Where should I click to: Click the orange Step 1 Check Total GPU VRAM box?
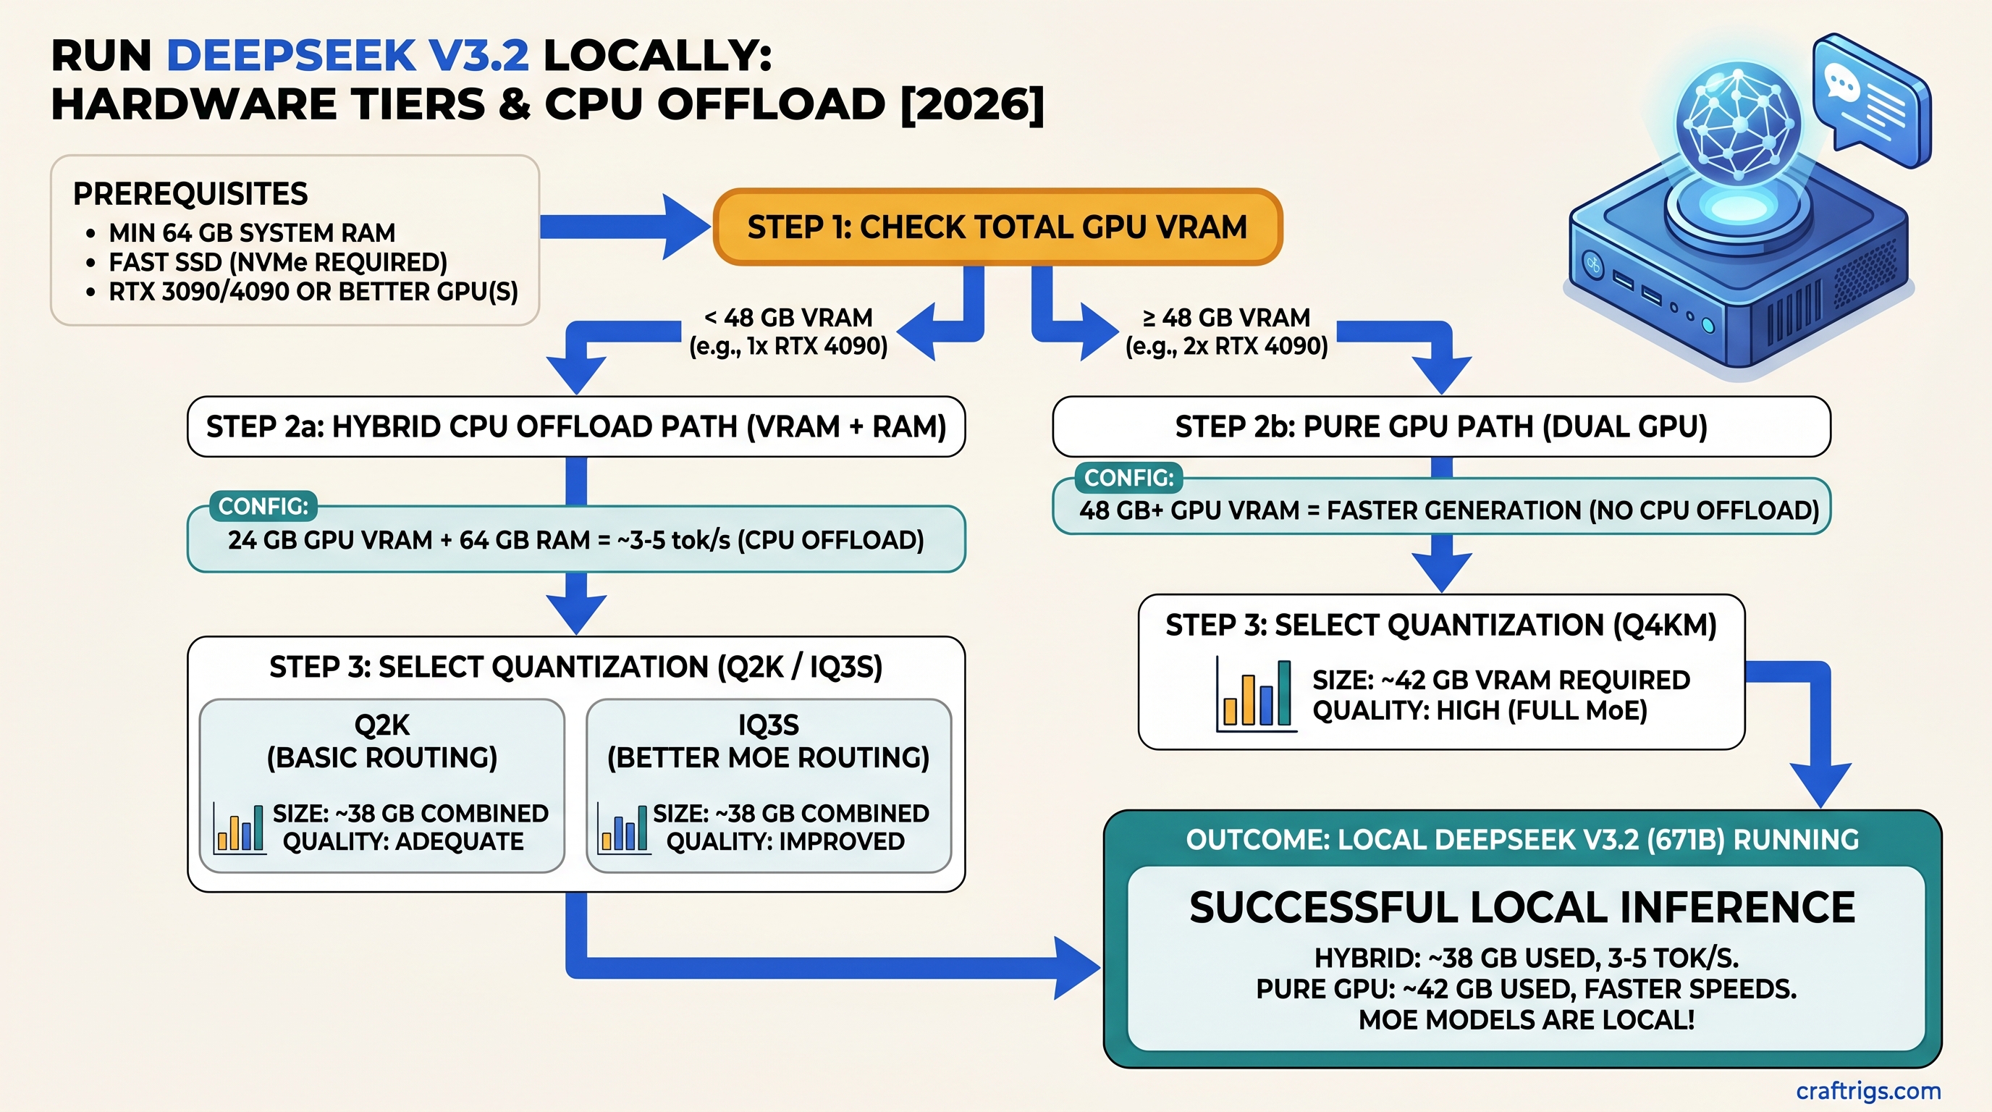tap(997, 227)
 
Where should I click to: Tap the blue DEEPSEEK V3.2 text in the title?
tap(348, 56)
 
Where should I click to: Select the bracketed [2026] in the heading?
tap(972, 104)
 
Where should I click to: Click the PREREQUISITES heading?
tap(190, 194)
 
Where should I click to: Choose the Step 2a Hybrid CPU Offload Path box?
tap(576, 427)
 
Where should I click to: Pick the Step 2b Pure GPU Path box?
tap(1440, 427)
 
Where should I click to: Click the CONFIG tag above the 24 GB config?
tap(263, 506)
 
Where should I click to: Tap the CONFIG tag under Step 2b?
tap(1128, 478)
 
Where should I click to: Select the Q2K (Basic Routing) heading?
tap(382, 741)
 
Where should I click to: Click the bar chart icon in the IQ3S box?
tap(623, 828)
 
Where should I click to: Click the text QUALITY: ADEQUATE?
tap(403, 841)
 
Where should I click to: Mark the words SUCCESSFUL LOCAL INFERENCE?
tap(1521, 908)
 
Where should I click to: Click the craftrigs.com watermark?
tap(1867, 1090)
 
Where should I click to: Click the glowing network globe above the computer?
tap(1738, 124)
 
